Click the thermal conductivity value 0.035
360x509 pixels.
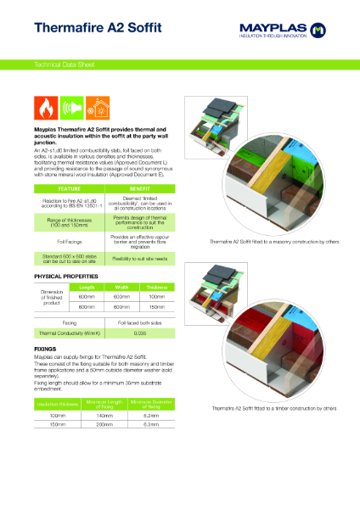(140, 333)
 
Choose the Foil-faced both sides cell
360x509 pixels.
(140, 323)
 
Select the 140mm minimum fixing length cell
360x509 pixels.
(106, 393)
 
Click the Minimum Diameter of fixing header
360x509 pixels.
(152, 381)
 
